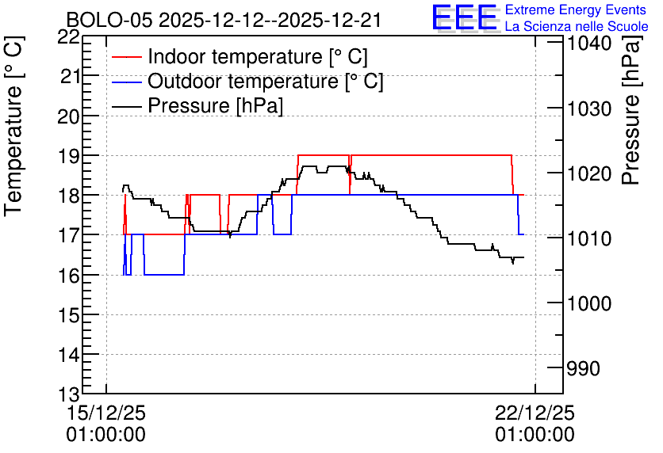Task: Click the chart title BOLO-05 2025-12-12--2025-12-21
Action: pyautogui.click(x=224, y=21)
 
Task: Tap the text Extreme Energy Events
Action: pyautogui.click(x=576, y=10)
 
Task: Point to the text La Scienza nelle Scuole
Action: pyautogui.click(x=577, y=26)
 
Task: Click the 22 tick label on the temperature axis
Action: pyautogui.click(x=68, y=37)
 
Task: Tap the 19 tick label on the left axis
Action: pyautogui.click(x=68, y=155)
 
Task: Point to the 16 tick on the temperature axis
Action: pyautogui.click(x=68, y=275)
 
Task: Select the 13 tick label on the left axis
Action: pyautogui.click(x=68, y=394)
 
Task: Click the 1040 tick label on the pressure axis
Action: pyautogui.click(x=589, y=44)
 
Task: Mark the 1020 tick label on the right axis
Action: pyautogui.click(x=589, y=173)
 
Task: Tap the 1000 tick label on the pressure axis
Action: pyautogui.click(x=589, y=303)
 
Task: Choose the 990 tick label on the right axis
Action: pyautogui.click(x=583, y=368)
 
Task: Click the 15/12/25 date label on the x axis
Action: pyautogui.click(x=105, y=413)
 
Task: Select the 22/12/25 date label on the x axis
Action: pyautogui.click(x=535, y=413)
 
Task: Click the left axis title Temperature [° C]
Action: pyautogui.click(x=13, y=126)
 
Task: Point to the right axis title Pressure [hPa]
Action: pyautogui.click(x=631, y=110)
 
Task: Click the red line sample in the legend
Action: pyautogui.click(x=126, y=56)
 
